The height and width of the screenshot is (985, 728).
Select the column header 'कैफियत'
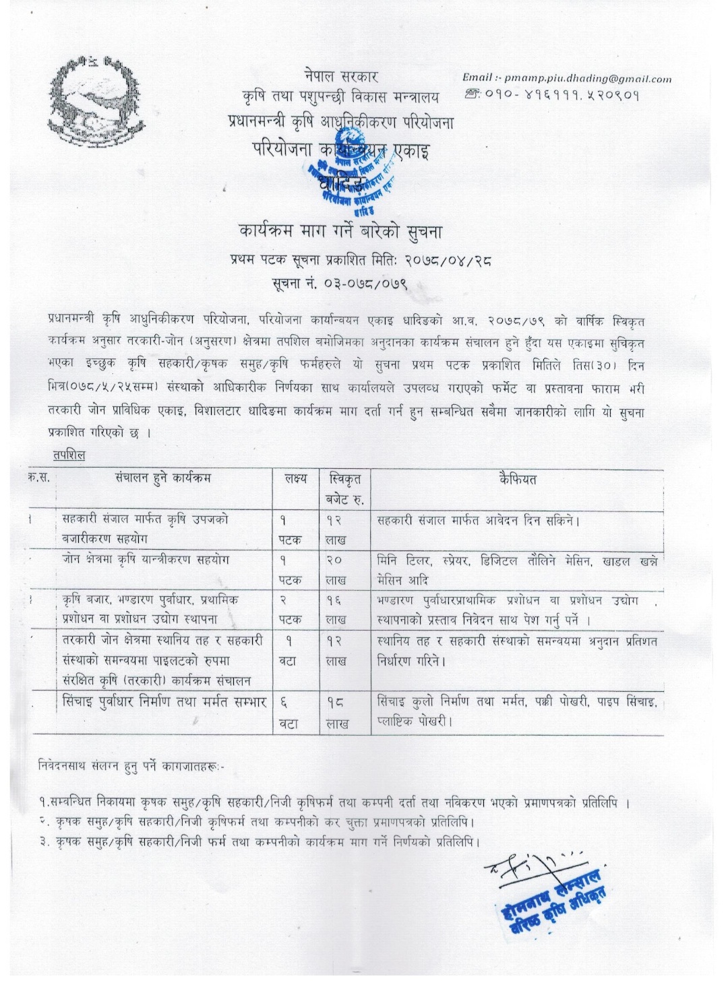pos(518,479)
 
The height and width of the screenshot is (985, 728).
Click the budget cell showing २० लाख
pos(335,569)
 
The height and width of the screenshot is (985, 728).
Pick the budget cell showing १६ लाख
pos(335,609)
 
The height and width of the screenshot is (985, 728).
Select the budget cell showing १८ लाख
pos(336,713)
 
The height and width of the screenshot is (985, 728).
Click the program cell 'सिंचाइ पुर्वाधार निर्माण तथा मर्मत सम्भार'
pos(164,702)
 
